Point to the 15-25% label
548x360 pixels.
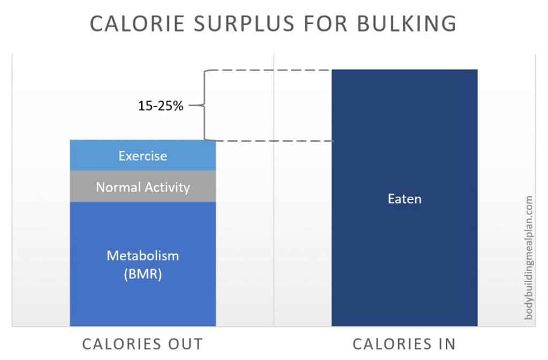pos(161,106)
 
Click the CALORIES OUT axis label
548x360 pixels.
pos(142,343)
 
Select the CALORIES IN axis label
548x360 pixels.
pos(404,343)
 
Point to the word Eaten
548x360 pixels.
pos(405,199)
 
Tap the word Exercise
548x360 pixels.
pos(143,156)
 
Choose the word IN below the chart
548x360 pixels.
pos(445,343)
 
